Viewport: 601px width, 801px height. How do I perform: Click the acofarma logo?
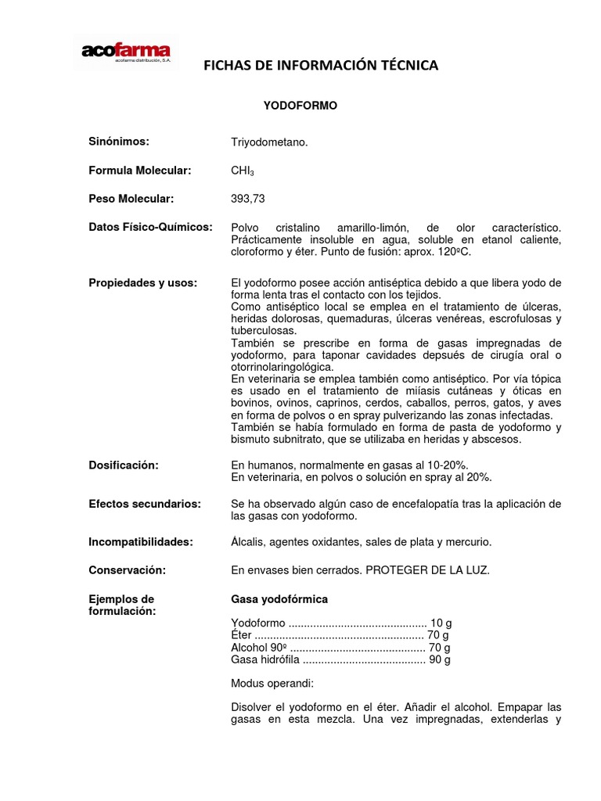pyautogui.click(x=126, y=52)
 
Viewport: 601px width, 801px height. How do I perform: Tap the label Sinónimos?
pyautogui.click(x=119, y=142)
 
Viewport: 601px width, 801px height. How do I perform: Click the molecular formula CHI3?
pyautogui.click(x=241, y=171)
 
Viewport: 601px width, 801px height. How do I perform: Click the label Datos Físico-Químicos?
pyautogui.click(x=150, y=227)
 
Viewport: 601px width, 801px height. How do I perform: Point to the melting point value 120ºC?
pyautogui.click(x=456, y=253)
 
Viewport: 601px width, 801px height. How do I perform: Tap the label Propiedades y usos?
pyautogui.click(x=143, y=282)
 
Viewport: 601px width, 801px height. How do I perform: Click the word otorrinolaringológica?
pyautogui.click(x=282, y=367)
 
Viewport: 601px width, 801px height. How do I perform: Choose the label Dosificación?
pyautogui.click(x=124, y=465)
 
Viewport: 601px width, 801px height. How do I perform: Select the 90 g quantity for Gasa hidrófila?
pyautogui.click(x=439, y=659)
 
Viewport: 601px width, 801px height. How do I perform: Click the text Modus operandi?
pyautogui.click(x=272, y=683)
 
